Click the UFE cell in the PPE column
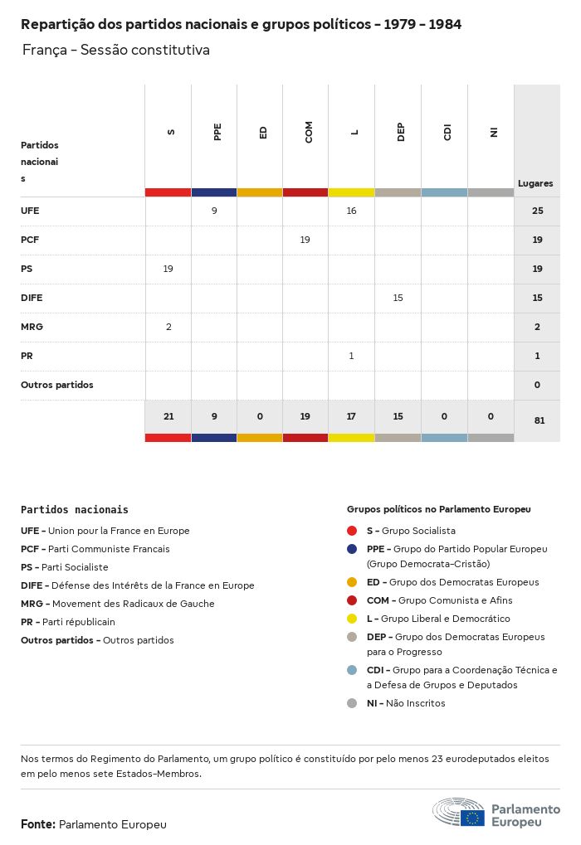pos(214,211)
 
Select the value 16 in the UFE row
pos(351,211)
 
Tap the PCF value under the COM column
pos(305,240)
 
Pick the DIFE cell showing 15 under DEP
pos(398,298)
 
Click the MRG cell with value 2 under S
pos(168,327)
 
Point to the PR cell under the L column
pos(351,356)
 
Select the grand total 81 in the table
pos(539,420)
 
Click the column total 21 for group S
pos(168,416)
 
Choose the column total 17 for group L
pos(351,416)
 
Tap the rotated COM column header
pos(309,133)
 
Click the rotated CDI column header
pos(447,133)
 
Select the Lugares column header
pos(535,183)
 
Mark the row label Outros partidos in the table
pos(57,385)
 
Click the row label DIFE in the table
pos(32,298)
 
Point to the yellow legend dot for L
pos(352,619)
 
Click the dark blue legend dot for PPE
pos(352,549)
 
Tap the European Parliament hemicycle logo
pos(458,812)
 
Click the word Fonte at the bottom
pos(37,824)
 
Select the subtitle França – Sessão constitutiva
pos(116,51)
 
